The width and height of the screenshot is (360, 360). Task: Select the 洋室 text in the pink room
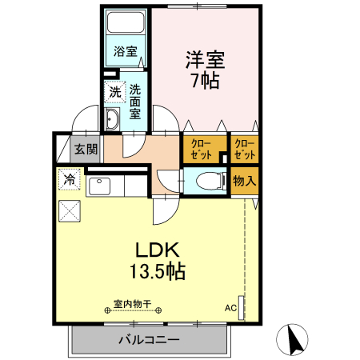(206, 60)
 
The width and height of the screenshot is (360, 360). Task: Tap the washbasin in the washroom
(112, 121)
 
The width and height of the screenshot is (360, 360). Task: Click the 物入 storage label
(244, 181)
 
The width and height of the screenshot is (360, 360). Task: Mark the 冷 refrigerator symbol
(70, 180)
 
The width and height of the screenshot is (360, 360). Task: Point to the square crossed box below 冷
(70, 210)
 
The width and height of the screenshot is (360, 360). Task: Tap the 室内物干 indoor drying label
(133, 304)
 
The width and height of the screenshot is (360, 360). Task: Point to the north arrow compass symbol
(294, 340)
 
